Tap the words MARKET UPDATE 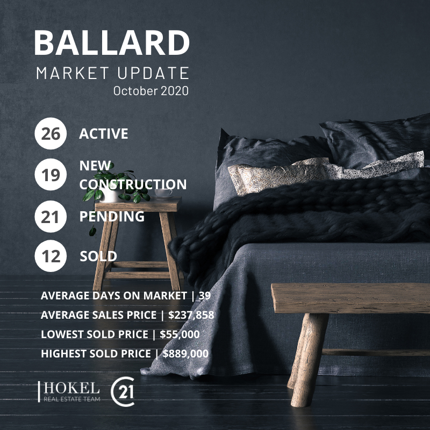pyautogui.click(x=112, y=73)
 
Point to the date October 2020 pyautogui.click(x=150, y=91)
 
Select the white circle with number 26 pyautogui.click(x=51, y=134)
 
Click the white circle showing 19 pyautogui.click(x=51, y=175)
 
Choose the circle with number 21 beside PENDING pyautogui.click(x=51, y=217)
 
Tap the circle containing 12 pyautogui.click(x=51, y=256)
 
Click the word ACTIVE pyautogui.click(x=104, y=134)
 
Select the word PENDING pyautogui.click(x=112, y=217)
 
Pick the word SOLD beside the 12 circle pyautogui.click(x=98, y=256)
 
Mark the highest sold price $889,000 pyautogui.click(x=185, y=354)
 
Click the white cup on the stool pyautogui.click(x=163, y=193)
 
